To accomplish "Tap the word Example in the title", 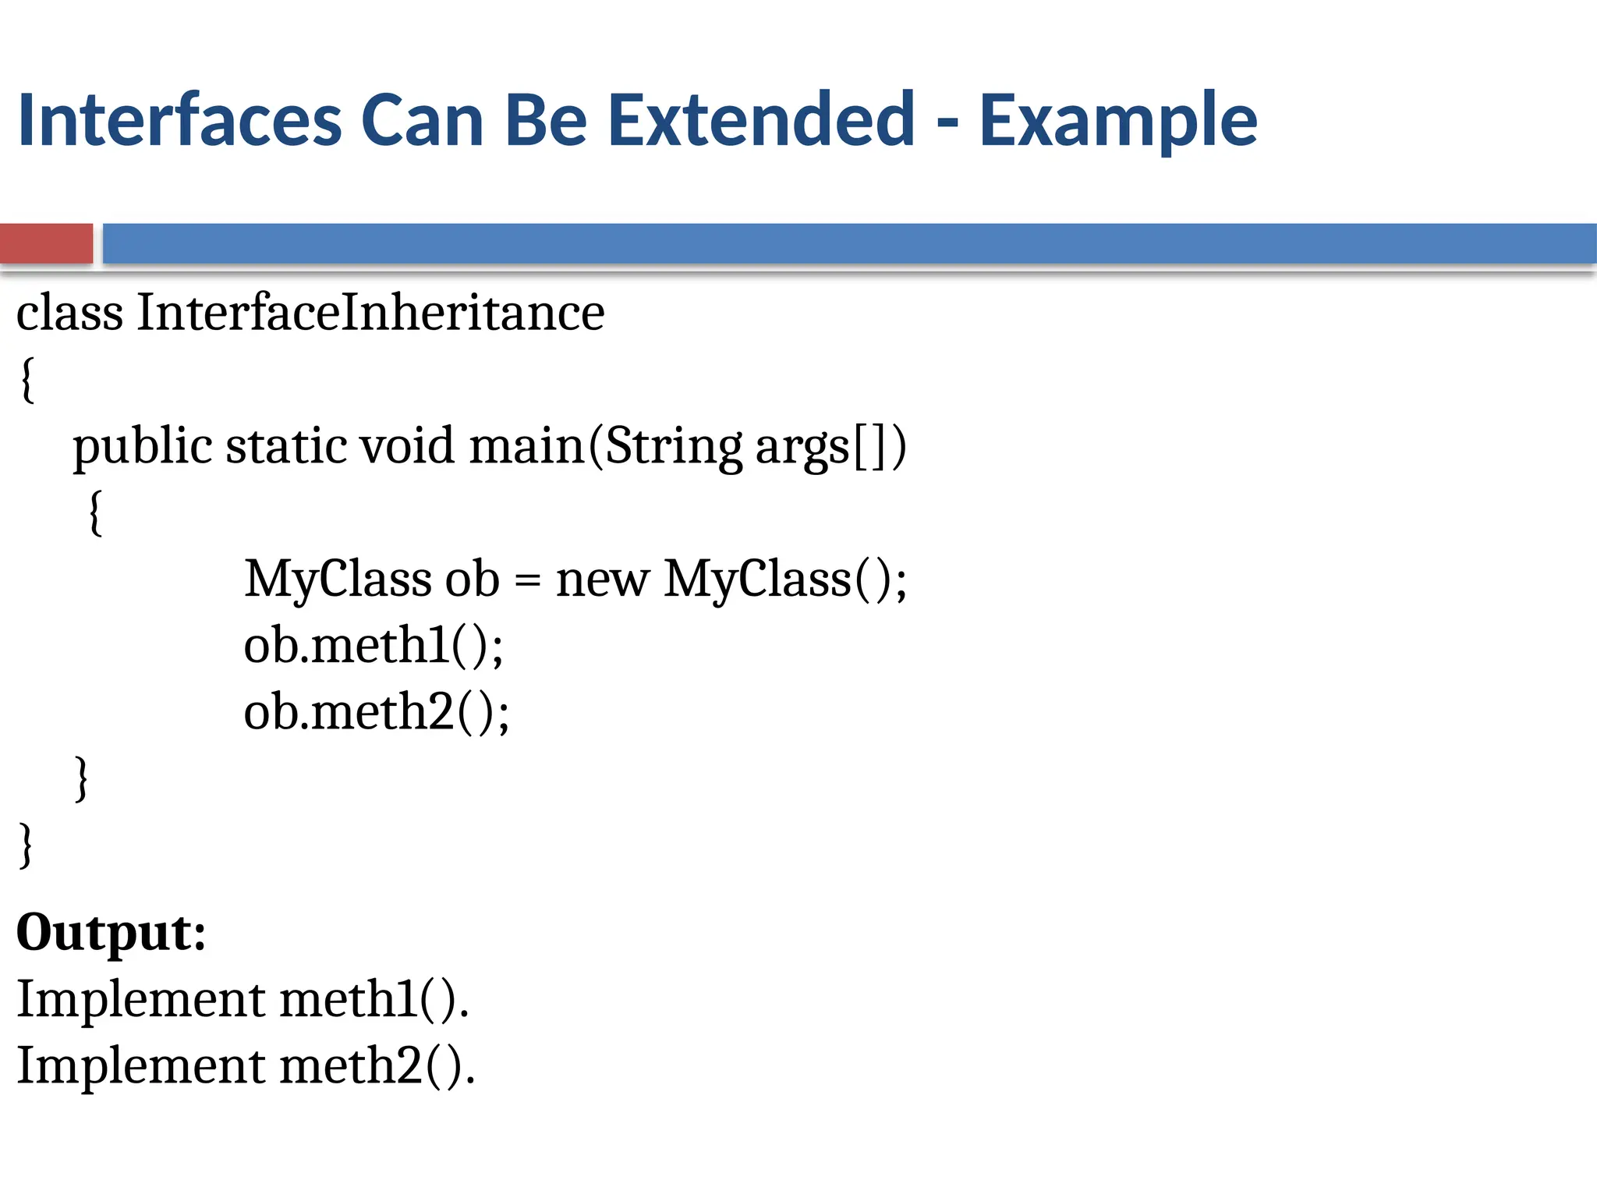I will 1117,122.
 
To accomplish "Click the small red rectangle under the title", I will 46,243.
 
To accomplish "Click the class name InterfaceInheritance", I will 370,313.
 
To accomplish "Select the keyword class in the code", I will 69,313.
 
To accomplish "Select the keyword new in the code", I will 601,580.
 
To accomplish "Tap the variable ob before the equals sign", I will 471,579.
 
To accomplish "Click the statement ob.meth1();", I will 374,646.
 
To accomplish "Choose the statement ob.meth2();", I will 377,712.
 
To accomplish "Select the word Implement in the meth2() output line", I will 141,1066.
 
